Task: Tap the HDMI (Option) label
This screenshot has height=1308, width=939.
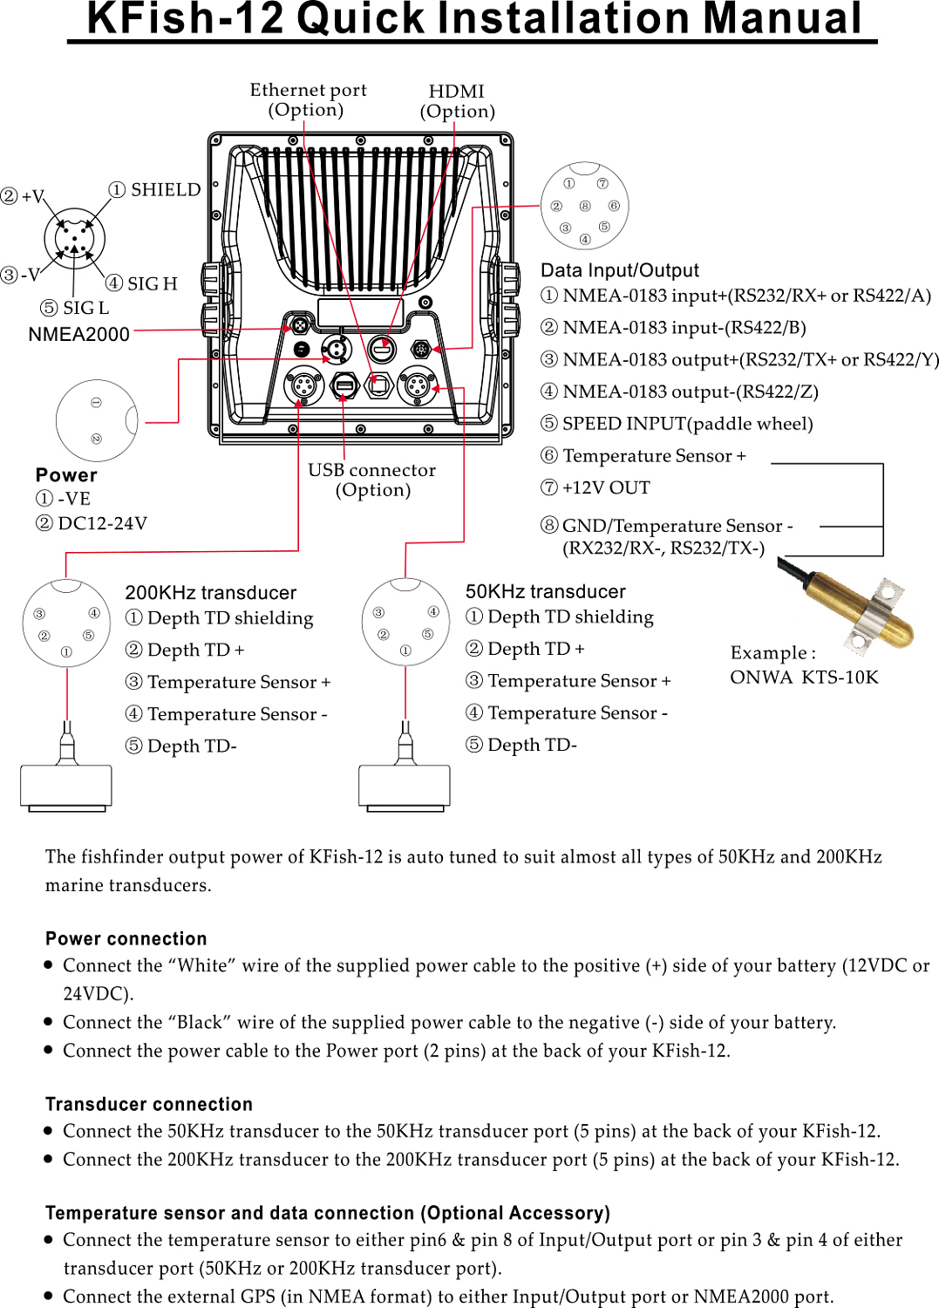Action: point(457,101)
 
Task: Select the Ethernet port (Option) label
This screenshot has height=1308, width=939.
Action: point(308,99)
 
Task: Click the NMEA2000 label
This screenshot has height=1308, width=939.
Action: point(78,334)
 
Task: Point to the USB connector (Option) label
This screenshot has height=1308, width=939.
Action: point(372,480)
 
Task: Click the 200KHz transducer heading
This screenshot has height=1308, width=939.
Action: point(211,593)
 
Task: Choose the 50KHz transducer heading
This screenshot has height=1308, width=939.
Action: point(546,591)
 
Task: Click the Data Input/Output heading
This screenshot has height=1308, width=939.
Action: point(620,270)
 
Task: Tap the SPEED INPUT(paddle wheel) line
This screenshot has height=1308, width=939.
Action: point(677,424)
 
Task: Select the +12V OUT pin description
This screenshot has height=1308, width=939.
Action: point(595,487)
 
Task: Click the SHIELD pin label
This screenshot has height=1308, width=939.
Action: point(155,190)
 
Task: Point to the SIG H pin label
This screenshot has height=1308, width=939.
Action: point(142,283)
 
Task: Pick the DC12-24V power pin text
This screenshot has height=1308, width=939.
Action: point(92,523)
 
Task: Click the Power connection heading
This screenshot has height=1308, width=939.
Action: point(126,938)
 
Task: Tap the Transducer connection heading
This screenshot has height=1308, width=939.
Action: point(149,1104)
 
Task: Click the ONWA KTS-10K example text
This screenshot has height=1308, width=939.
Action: point(804,678)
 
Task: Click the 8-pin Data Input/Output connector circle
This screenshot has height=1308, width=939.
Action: point(585,207)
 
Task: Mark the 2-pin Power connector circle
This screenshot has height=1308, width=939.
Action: point(97,420)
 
